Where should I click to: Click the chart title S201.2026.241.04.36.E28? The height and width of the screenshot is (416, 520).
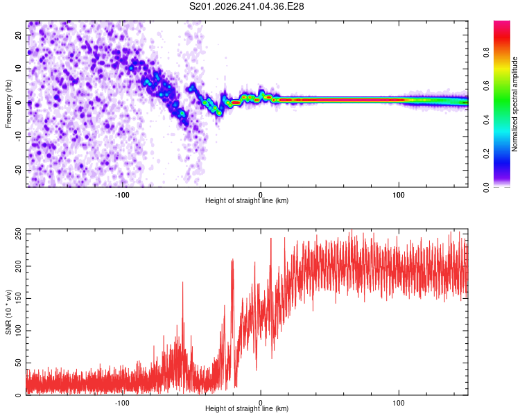point(246,6)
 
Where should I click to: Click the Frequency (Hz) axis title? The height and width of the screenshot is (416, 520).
point(8,104)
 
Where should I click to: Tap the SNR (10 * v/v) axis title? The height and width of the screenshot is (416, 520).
point(8,312)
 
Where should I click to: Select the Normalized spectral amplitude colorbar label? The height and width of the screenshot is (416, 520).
point(514,104)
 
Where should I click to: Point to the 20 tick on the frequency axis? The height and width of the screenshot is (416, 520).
point(18,35)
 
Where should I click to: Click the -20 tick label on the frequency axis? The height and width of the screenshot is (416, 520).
point(18,170)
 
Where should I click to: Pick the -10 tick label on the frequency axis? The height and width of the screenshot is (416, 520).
point(18,137)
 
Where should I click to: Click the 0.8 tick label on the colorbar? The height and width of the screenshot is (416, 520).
point(486,52)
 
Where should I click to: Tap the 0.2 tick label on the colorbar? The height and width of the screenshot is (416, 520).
point(486,154)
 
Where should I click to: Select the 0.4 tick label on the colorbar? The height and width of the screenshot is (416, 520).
point(486,120)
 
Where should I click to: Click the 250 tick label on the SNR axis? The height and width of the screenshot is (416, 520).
point(18,234)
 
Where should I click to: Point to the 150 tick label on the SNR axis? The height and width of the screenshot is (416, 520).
point(18,299)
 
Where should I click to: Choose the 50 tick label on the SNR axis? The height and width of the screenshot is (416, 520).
point(18,363)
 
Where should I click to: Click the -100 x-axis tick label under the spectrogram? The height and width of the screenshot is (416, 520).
point(122,195)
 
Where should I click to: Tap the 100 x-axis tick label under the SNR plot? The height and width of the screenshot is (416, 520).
point(399,403)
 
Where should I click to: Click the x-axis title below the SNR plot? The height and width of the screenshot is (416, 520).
point(247,408)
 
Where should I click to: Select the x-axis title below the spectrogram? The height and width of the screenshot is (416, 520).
point(247,200)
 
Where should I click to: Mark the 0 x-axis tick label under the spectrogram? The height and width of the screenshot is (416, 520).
point(261,195)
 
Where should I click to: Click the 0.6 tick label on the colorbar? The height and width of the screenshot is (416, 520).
point(486,86)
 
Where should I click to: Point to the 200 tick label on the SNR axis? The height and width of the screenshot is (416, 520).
point(18,266)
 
